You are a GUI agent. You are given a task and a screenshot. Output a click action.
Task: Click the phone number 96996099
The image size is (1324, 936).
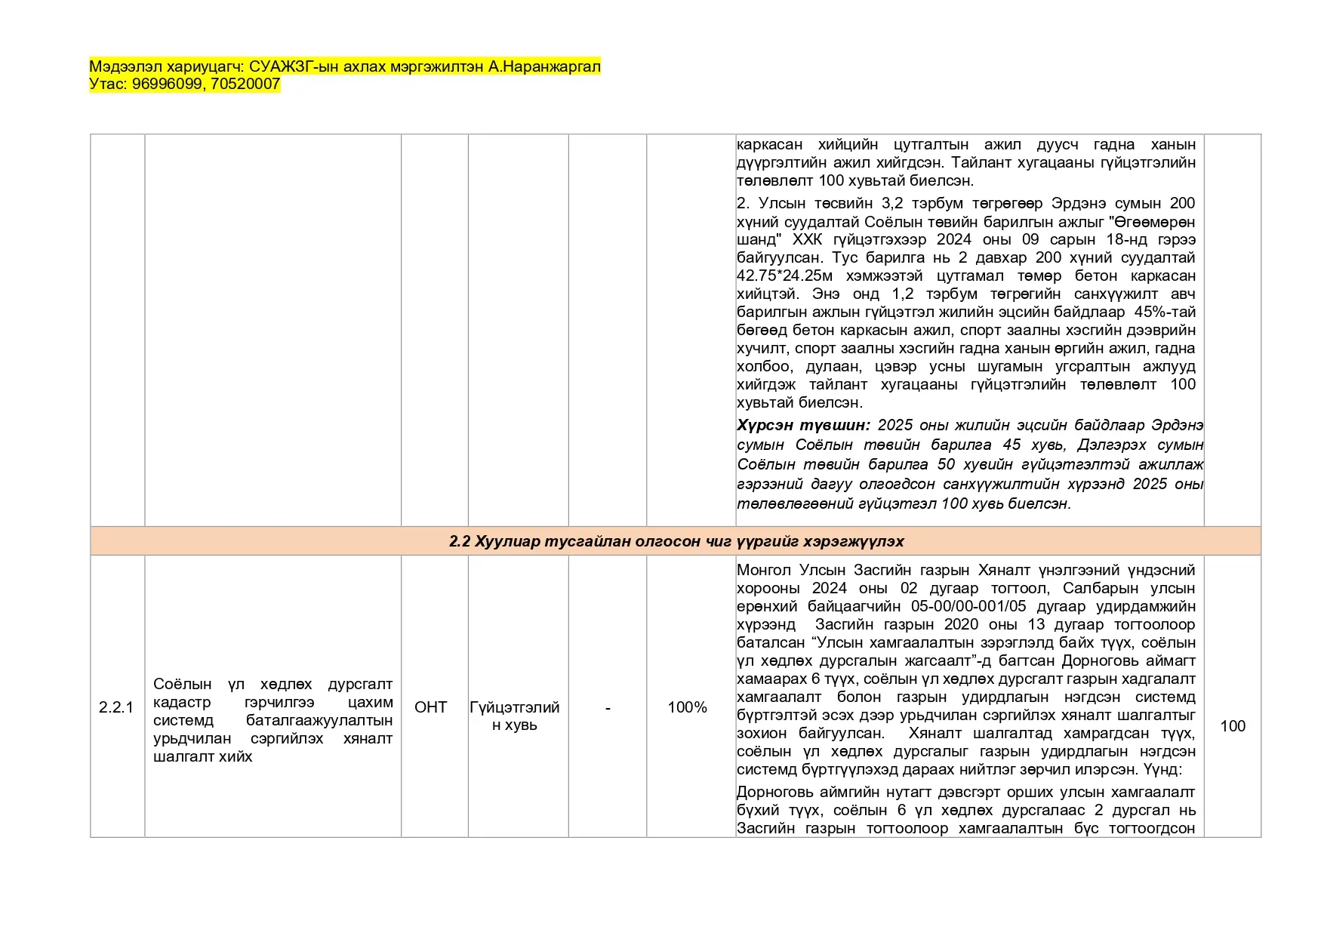(x=167, y=85)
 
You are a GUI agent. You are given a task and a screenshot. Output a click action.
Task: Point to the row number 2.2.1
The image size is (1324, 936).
(x=116, y=707)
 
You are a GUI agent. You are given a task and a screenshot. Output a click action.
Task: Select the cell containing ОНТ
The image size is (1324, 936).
(x=431, y=707)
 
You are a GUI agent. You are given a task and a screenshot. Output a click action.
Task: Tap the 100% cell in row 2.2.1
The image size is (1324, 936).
(x=687, y=707)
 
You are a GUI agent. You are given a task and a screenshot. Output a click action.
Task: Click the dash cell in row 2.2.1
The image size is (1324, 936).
(x=608, y=707)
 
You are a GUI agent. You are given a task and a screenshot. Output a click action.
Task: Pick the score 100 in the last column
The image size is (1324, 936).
(x=1233, y=726)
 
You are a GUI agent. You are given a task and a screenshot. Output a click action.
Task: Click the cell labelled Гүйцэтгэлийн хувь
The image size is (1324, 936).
(x=515, y=716)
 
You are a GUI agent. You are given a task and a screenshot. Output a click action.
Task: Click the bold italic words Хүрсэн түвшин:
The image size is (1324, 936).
(x=802, y=426)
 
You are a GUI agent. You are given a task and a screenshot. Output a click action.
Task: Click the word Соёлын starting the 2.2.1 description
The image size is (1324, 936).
(x=182, y=685)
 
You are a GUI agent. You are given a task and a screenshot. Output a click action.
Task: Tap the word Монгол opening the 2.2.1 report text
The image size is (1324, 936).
(x=764, y=571)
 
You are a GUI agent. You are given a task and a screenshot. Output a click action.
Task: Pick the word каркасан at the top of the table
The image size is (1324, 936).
(x=769, y=145)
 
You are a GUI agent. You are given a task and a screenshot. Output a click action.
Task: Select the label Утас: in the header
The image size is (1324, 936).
(x=108, y=85)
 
